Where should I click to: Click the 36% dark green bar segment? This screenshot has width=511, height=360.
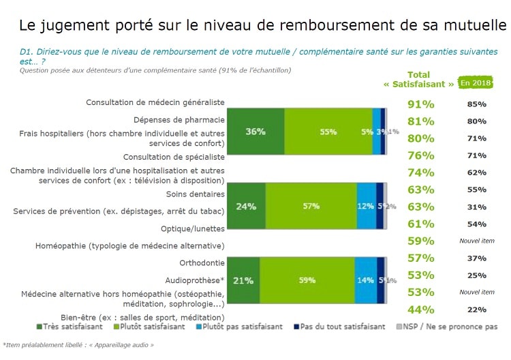255,132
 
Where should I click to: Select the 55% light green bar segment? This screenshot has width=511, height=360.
328,132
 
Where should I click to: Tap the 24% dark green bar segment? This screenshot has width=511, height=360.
246,205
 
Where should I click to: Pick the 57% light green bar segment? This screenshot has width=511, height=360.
311,205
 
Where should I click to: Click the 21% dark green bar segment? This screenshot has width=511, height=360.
243,280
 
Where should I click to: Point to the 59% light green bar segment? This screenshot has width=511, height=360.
307,280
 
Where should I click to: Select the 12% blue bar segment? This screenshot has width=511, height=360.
366,205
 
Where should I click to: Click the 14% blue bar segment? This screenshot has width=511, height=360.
365,280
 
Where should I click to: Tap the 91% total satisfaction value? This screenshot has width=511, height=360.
420,104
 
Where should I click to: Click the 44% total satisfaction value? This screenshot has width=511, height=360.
420,310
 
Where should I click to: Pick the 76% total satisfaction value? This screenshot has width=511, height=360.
420,155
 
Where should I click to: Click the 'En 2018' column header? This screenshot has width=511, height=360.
476,82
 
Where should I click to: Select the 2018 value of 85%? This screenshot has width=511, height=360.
476,104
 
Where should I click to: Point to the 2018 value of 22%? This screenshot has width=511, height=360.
476,310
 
